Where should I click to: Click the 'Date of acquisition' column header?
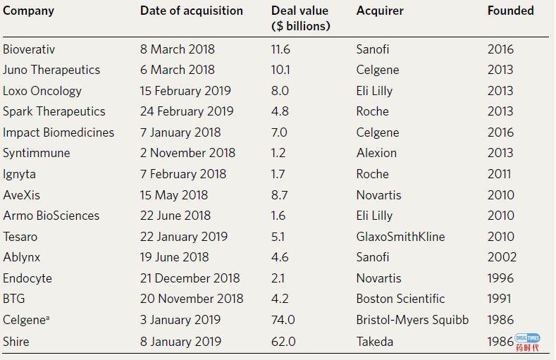(x=191, y=11)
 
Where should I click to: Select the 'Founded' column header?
(x=510, y=11)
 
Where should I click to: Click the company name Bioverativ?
(x=29, y=49)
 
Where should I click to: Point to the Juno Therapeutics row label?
(x=51, y=70)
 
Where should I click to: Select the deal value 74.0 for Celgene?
(x=284, y=320)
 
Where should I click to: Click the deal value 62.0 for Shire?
(x=284, y=342)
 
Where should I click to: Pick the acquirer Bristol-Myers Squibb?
(x=412, y=320)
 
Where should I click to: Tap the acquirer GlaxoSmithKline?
(x=400, y=237)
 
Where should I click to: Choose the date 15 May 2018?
(x=174, y=195)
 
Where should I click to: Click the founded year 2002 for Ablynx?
(x=502, y=257)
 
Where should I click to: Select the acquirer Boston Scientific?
(x=400, y=299)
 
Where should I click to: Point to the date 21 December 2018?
(x=190, y=278)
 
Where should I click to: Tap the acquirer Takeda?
(x=375, y=342)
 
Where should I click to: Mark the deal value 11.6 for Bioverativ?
(x=280, y=49)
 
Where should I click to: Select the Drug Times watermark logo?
(x=528, y=342)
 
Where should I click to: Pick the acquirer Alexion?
(x=376, y=153)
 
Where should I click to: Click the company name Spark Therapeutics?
(x=54, y=111)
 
